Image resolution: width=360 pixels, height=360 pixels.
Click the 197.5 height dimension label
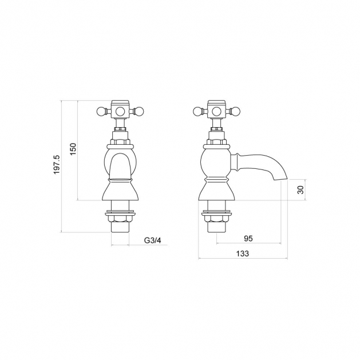point(57,164)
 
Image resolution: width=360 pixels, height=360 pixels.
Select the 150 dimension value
point(73,149)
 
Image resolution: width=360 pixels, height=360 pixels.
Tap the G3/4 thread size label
point(153,240)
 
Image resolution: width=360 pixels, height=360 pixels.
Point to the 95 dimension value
point(248,239)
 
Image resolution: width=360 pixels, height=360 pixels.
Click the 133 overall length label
point(243,254)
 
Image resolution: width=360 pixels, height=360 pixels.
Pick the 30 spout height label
point(300,189)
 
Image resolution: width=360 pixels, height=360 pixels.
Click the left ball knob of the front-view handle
point(101,112)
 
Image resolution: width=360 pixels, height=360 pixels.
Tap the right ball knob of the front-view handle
point(139,112)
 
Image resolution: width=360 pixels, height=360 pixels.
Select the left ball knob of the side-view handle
point(197,112)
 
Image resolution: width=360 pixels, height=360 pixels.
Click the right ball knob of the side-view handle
point(235,112)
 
